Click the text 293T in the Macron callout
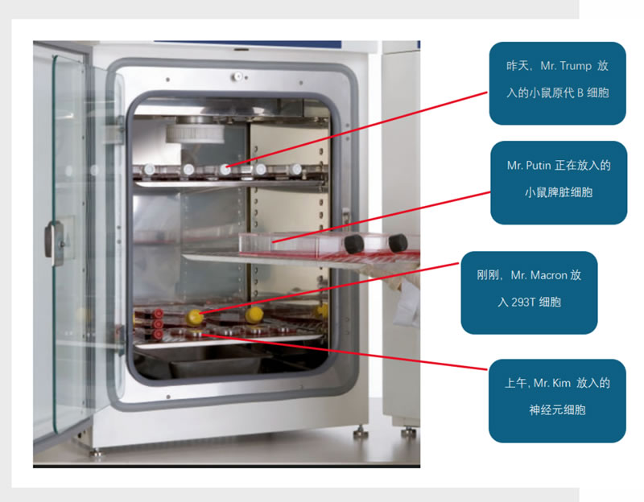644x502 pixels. (x=514, y=302)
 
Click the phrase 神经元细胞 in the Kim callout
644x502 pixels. (x=556, y=410)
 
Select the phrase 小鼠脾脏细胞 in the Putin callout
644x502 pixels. (x=558, y=192)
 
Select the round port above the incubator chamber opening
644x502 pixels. (x=238, y=76)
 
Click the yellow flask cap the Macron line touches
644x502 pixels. (x=195, y=317)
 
